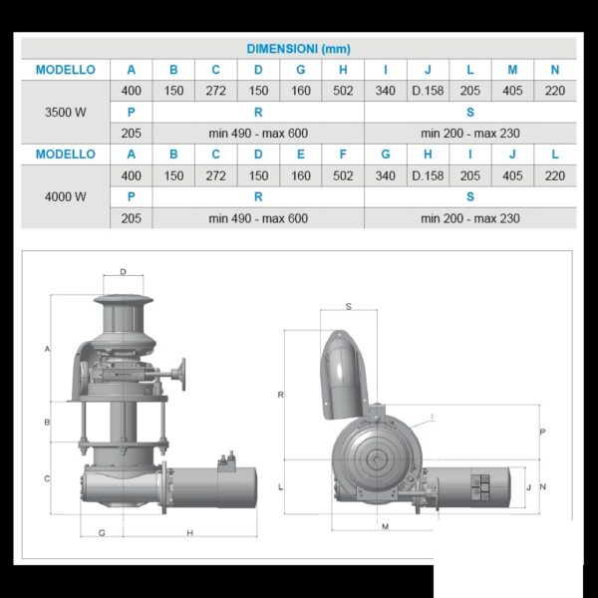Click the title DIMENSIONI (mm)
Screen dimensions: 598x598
click(298, 49)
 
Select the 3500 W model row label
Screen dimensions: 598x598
click(65, 112)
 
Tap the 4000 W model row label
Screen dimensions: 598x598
click(65, 196)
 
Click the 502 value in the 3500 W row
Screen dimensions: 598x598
click(343, 91)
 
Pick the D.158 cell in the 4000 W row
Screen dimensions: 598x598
click(428, 175)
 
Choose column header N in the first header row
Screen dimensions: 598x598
click(555, 70)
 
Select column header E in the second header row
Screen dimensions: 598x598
click(301, 154)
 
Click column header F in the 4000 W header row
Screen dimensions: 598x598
click(343, 154)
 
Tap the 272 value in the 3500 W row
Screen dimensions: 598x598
click(216, 91)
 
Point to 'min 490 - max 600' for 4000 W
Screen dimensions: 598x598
click(258, 218)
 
